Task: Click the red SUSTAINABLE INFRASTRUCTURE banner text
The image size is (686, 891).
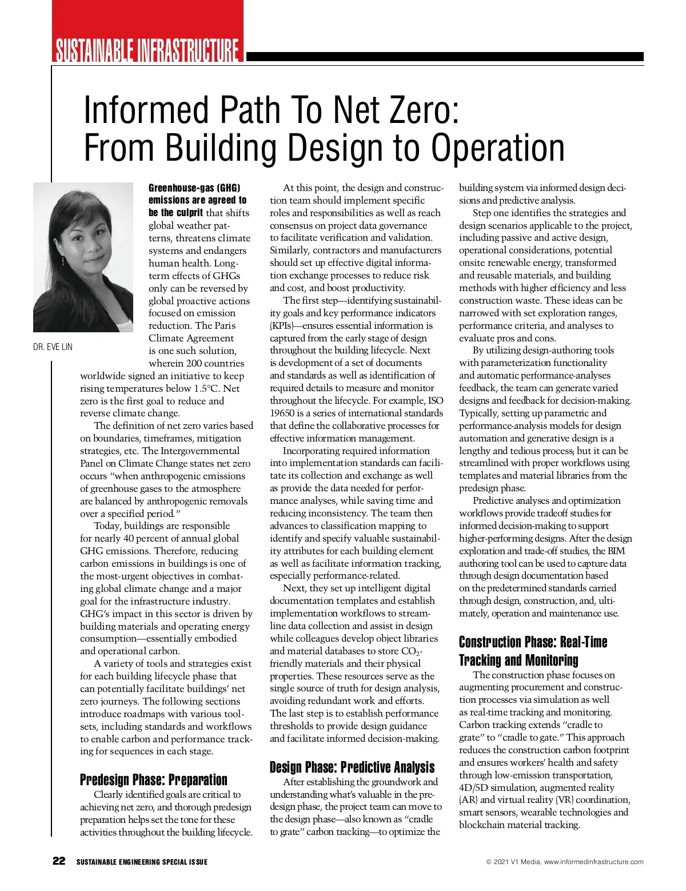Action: point(146,50)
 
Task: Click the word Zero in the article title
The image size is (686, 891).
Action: point(422,110)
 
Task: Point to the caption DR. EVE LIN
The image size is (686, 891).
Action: point(53,347)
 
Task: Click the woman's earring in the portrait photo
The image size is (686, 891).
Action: point(62,260)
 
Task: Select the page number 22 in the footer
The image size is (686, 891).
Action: point(59,861)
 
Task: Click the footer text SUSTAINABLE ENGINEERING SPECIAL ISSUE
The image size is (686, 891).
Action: point(142,862)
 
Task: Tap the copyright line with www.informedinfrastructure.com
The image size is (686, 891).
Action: point(564,862)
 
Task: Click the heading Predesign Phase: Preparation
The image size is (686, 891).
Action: point(153,779)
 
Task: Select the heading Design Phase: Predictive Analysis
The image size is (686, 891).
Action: point(352,767)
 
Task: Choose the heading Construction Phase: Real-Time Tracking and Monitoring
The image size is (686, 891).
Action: point(532,651)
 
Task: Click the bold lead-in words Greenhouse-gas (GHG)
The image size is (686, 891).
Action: point(194,188)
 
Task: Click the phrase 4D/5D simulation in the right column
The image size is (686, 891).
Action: point(497,787)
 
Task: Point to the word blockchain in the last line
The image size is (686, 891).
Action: point(483,825)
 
